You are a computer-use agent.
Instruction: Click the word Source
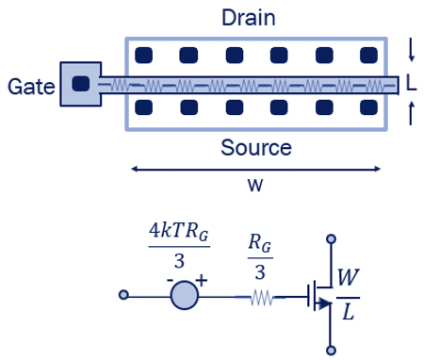coord(256,147)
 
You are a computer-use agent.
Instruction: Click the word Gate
coord(28,87)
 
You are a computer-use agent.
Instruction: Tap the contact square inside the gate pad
coord(81,84)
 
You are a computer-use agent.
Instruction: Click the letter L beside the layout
coord(411,85)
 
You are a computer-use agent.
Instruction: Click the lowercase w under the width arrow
coord(254,184)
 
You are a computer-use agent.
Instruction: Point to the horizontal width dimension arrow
coord(256,169)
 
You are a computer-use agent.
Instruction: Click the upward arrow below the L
coord(411,115)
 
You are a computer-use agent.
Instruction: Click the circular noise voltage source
coord(184,295)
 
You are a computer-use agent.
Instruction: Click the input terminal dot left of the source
coord(123,295)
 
